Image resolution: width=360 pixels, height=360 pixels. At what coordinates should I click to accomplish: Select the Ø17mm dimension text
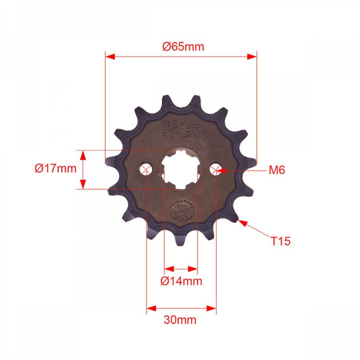tap(56, 168)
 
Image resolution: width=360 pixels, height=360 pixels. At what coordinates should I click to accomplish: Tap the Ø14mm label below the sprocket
tap(181, 281)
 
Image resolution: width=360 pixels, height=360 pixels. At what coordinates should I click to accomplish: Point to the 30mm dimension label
tap(181, 320)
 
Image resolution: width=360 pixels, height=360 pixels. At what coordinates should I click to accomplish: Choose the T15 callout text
tap(280, 240)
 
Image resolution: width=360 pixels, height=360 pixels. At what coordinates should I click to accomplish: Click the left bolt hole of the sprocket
tap(146, 169)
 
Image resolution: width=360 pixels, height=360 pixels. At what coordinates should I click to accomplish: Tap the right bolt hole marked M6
tap(216, 169)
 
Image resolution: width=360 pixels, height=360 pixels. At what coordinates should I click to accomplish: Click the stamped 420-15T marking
tap(181, 132)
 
